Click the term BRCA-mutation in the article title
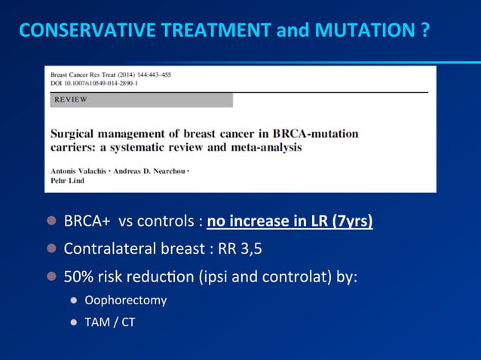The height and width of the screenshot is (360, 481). point(320,133)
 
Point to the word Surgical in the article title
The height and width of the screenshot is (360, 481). point(74,133)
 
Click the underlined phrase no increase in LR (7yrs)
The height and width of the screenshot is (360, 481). point(290,222)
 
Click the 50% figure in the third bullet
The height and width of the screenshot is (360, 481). point(78,275)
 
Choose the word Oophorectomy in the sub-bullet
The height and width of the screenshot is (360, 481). point(125,301)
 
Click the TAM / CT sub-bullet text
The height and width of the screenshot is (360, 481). point(109,324)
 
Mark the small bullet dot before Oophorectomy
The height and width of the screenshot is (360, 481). point(74,301)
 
